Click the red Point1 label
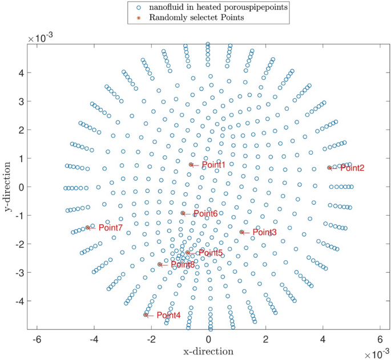[215, 165]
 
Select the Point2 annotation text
[352, 168]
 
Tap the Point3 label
[265, 232]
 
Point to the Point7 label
[110, 228]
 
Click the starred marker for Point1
[191, 164]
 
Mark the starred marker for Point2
[329, 168]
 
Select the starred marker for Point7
[87, 227]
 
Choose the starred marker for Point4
[146, 314]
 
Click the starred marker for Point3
[241, 232]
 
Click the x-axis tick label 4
[323, 339]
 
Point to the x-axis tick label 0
[208, 339]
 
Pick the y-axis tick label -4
[17, 301]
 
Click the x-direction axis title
[208, 350]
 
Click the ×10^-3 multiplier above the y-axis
[41, 37]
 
